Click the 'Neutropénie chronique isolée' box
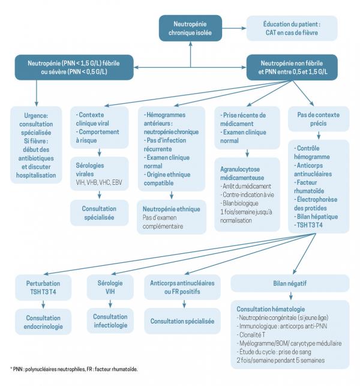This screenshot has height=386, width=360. tap(190, 27)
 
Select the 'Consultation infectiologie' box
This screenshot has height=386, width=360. tap(110, 321)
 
